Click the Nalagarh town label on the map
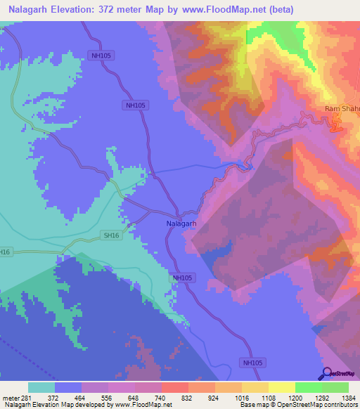[181, 223]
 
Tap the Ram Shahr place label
[342, 109]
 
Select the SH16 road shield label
[111, 235]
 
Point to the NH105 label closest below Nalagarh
[182, 278]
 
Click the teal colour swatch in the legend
[41, 387]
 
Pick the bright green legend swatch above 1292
[308, 387]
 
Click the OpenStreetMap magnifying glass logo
[326, 373]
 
